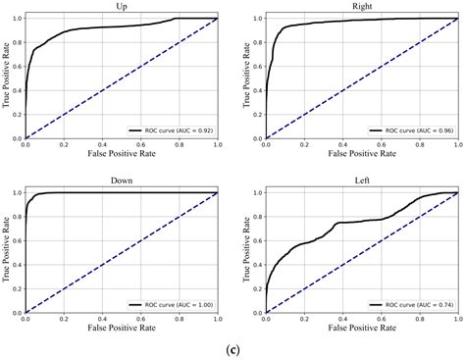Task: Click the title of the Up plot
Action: [x=122, y=7]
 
